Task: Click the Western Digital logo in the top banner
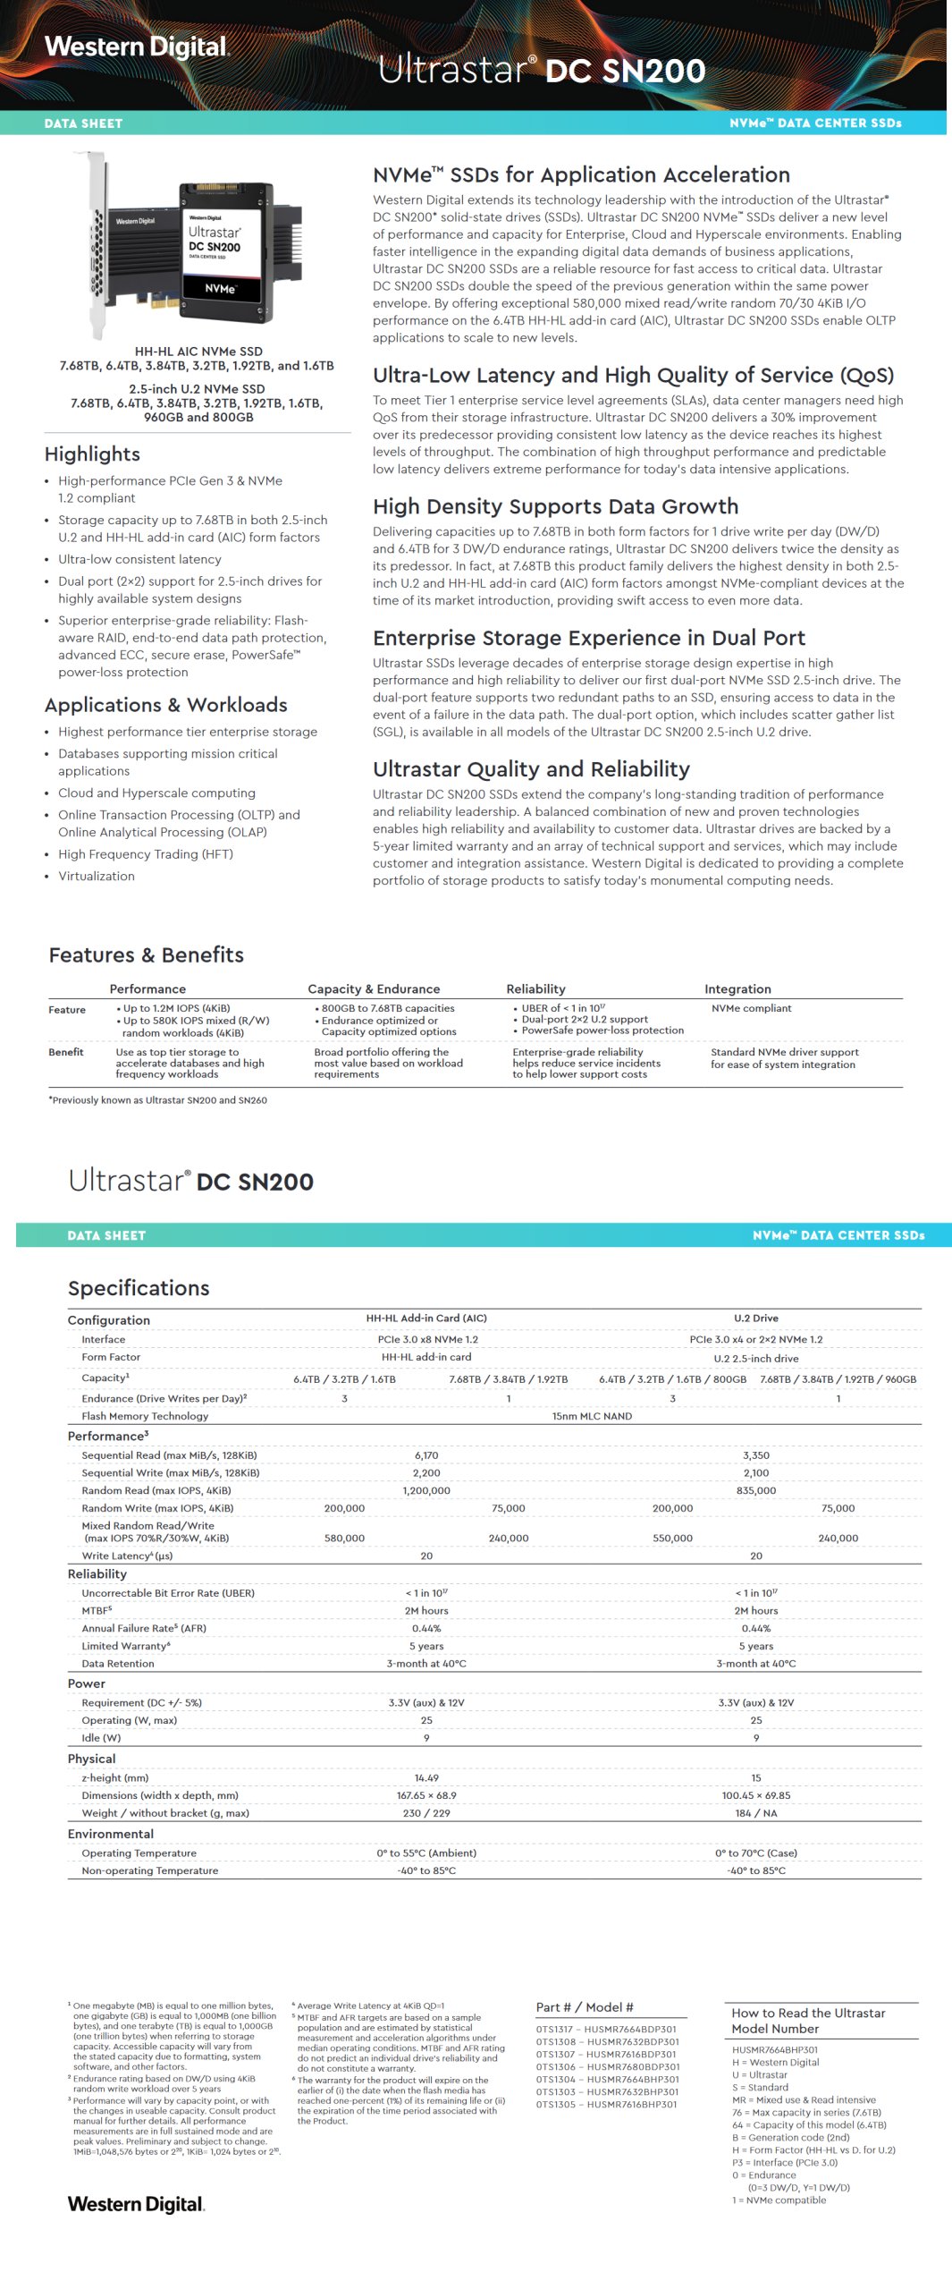pos(137,47)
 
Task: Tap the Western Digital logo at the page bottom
pos(136,2204)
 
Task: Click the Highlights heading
pos(92,454)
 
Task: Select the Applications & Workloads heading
pos(165,705)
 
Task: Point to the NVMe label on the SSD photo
pos(220,289)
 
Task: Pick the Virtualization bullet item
pos(97,876)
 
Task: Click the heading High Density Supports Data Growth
pos(555,506)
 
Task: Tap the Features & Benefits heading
pos(146,954)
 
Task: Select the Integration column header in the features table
pos(737,988)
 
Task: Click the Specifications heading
pos(139,1288)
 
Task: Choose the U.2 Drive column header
pos(755,1318)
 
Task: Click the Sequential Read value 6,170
pos(426,1455)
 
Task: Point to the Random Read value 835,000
pos(755,1490)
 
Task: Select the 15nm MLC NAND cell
pos(592,1416)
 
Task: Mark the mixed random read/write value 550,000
pos(672,1539)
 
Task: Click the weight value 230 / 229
pos(426,1813)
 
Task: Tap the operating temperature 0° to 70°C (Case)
pos(755,1853)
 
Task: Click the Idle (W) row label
pos(101,1738)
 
